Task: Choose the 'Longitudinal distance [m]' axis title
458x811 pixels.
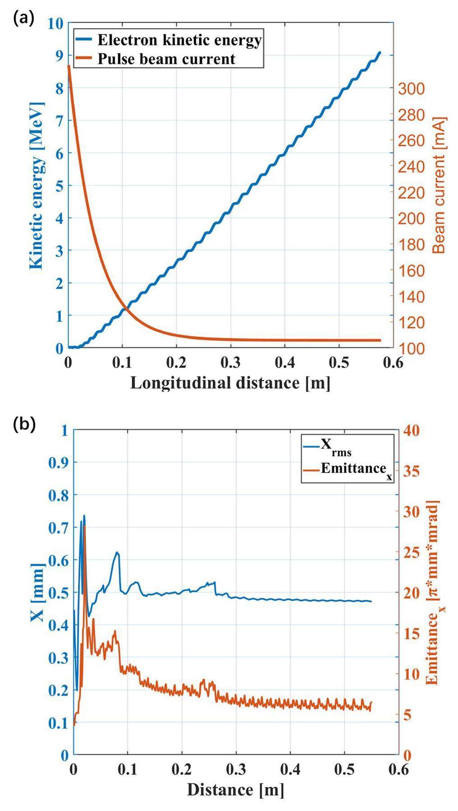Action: (x=230, y=383)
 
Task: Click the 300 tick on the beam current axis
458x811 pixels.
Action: (x=411, y=89)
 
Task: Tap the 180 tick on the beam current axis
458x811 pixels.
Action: (x=411, y=245)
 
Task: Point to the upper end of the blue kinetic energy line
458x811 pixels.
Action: (x=380, y=52)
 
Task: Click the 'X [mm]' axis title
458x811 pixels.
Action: (x=38, y=592)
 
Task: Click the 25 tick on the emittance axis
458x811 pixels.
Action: (x=411, y=552)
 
